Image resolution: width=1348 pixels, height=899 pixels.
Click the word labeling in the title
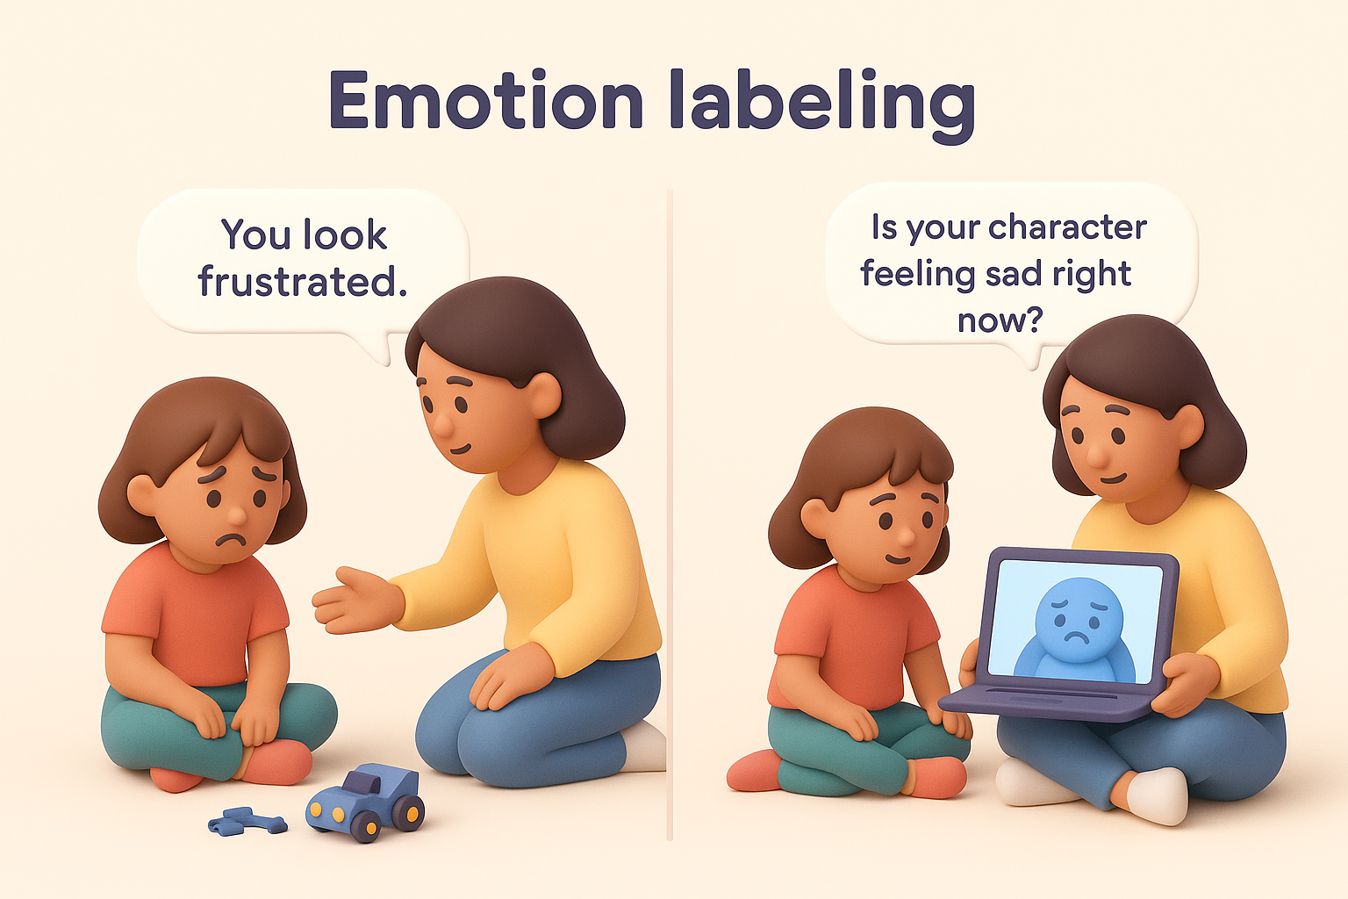[821, 104]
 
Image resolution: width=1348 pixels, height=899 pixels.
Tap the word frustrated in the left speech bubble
[302, 282]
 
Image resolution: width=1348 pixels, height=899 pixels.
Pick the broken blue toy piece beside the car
[247, 822]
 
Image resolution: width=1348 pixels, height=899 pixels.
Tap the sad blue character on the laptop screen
[1078, 629]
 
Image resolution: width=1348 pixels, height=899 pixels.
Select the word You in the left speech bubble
[255, 234]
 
